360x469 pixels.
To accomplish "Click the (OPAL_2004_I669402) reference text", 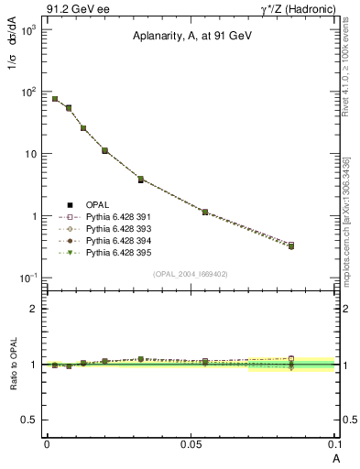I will click(x=190, y=273).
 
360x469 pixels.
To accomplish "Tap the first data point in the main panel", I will click(x=55, y=99).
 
